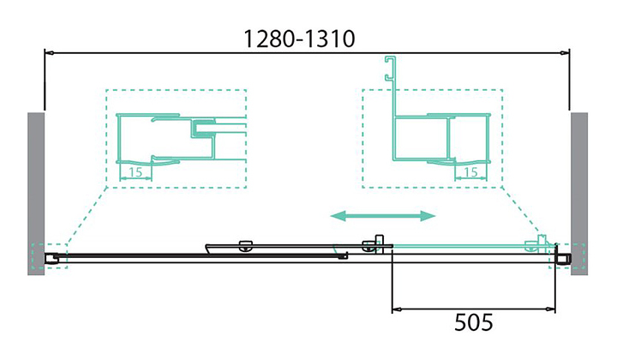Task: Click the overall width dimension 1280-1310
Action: click(x=299, y=39)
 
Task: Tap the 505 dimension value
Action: click(x=473, y=323)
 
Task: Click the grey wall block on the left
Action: click(x=36, y=193)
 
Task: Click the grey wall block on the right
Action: click(x=580, y=193)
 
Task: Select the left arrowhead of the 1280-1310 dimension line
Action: click(x=50, y=53)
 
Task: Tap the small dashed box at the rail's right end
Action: click(x=566, y=255)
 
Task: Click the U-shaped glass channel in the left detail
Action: click(x=205, y=130)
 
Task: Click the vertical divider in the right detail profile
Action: click(x=447, y=137)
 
